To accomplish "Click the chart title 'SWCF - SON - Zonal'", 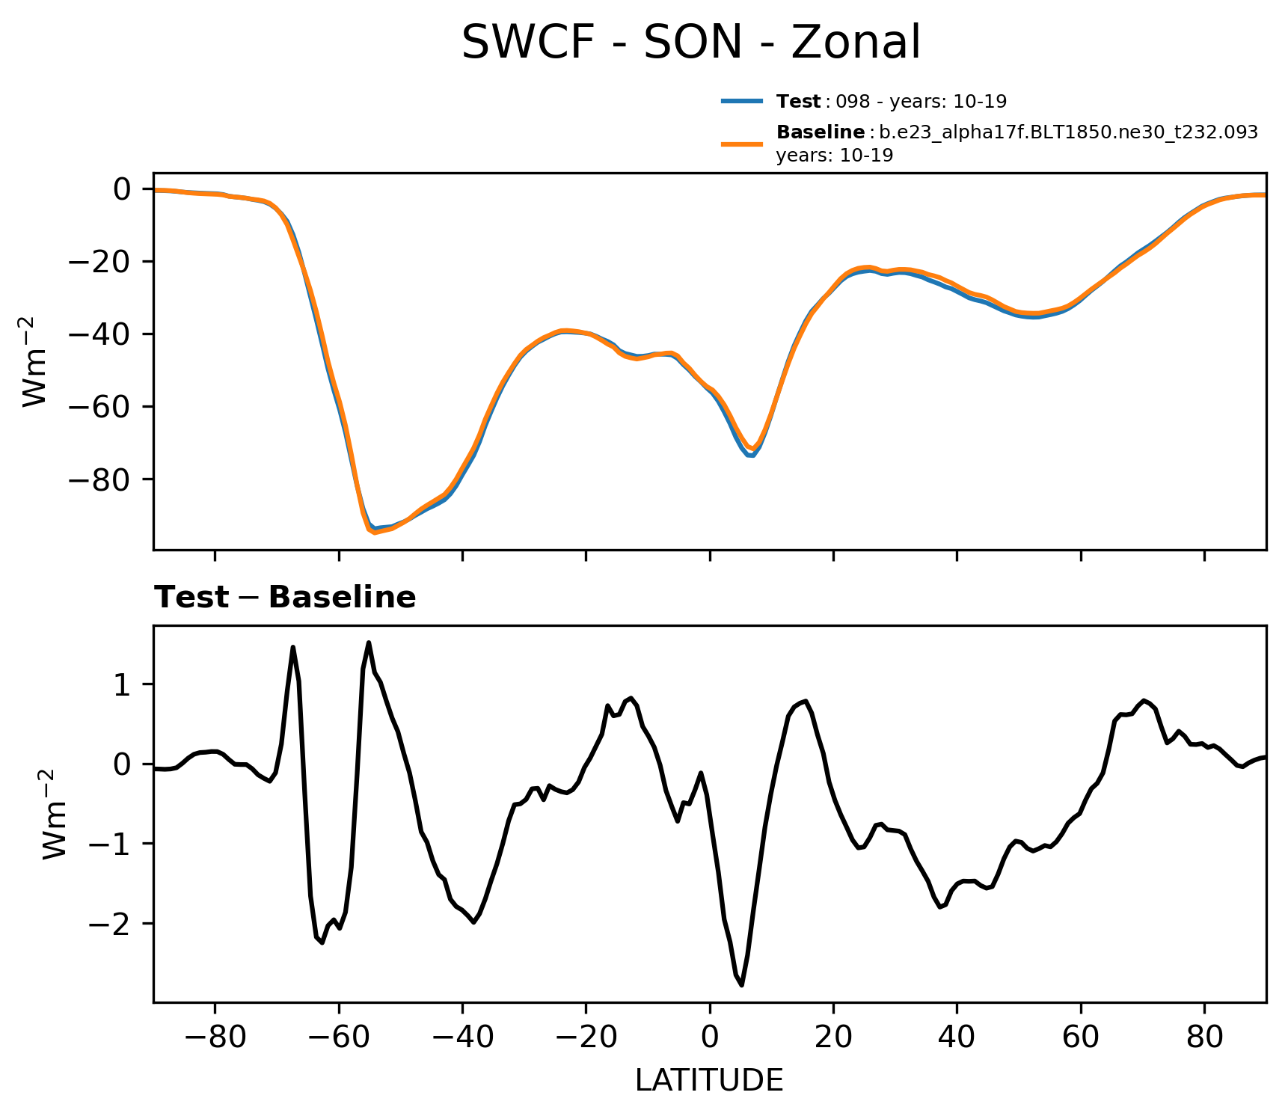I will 690,43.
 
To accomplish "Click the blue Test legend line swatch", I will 741,101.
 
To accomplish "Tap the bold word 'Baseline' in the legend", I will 821,132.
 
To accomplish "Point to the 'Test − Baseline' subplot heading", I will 285,598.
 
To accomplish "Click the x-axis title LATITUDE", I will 709,1080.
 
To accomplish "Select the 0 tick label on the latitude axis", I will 709,1037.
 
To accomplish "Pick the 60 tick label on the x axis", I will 1080,1037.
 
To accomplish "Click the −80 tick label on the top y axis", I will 99,479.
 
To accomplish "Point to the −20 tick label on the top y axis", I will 99,262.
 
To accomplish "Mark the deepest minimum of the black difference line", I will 741,985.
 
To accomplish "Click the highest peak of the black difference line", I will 369,643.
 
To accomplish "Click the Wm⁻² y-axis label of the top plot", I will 36,361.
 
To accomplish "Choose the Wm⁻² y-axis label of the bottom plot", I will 56,813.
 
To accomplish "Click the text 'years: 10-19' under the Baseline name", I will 834,156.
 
